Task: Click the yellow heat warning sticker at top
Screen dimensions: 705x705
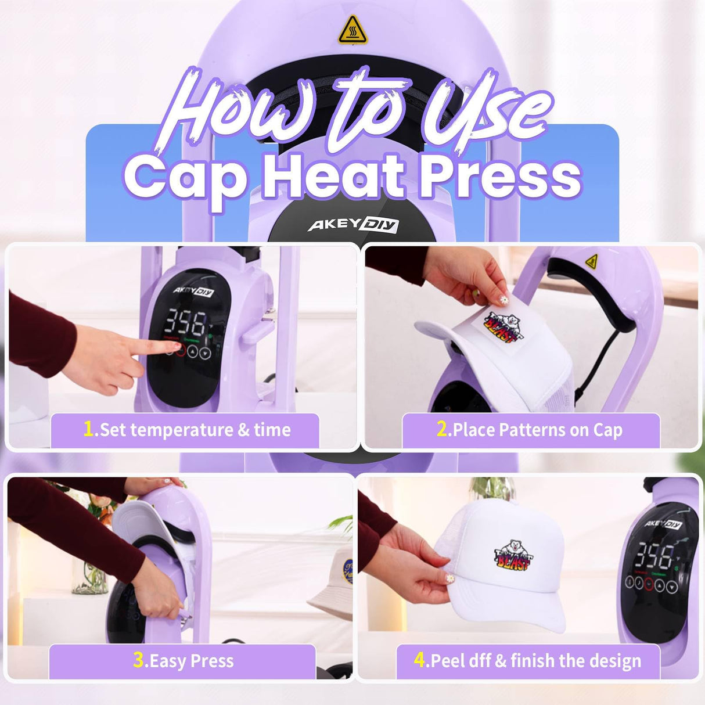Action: (352, 30)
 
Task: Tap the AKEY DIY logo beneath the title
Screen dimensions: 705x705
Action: (352, 224)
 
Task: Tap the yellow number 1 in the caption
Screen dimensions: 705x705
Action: (88, 429)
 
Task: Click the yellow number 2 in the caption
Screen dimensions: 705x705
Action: (442, 429)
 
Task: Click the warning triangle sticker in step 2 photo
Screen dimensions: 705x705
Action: (591, 261)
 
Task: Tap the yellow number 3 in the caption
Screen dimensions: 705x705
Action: (139, 660)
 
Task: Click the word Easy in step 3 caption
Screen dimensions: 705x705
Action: (168, 661)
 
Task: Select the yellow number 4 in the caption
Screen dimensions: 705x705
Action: (420, 660)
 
